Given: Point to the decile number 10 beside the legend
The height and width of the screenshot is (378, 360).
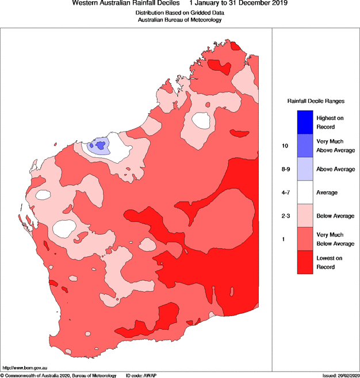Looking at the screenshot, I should click(x=285, y=146).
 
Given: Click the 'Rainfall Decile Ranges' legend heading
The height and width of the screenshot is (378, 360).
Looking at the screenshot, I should click(x=316, y=101).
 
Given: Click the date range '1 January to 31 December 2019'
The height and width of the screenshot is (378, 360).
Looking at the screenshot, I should click(x=238, y=3).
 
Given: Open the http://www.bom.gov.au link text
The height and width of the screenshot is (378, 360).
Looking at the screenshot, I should click(x=25, y=367).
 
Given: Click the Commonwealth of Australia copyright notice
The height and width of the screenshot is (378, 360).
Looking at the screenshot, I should click(x=59, y=375).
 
